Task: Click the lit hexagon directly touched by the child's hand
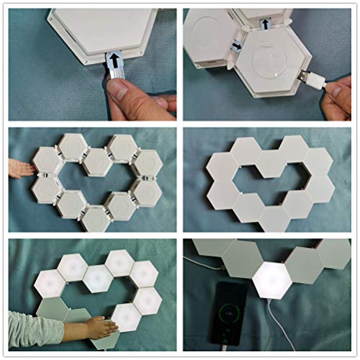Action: click(127, 316)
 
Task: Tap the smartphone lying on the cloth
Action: click(229, 314)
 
